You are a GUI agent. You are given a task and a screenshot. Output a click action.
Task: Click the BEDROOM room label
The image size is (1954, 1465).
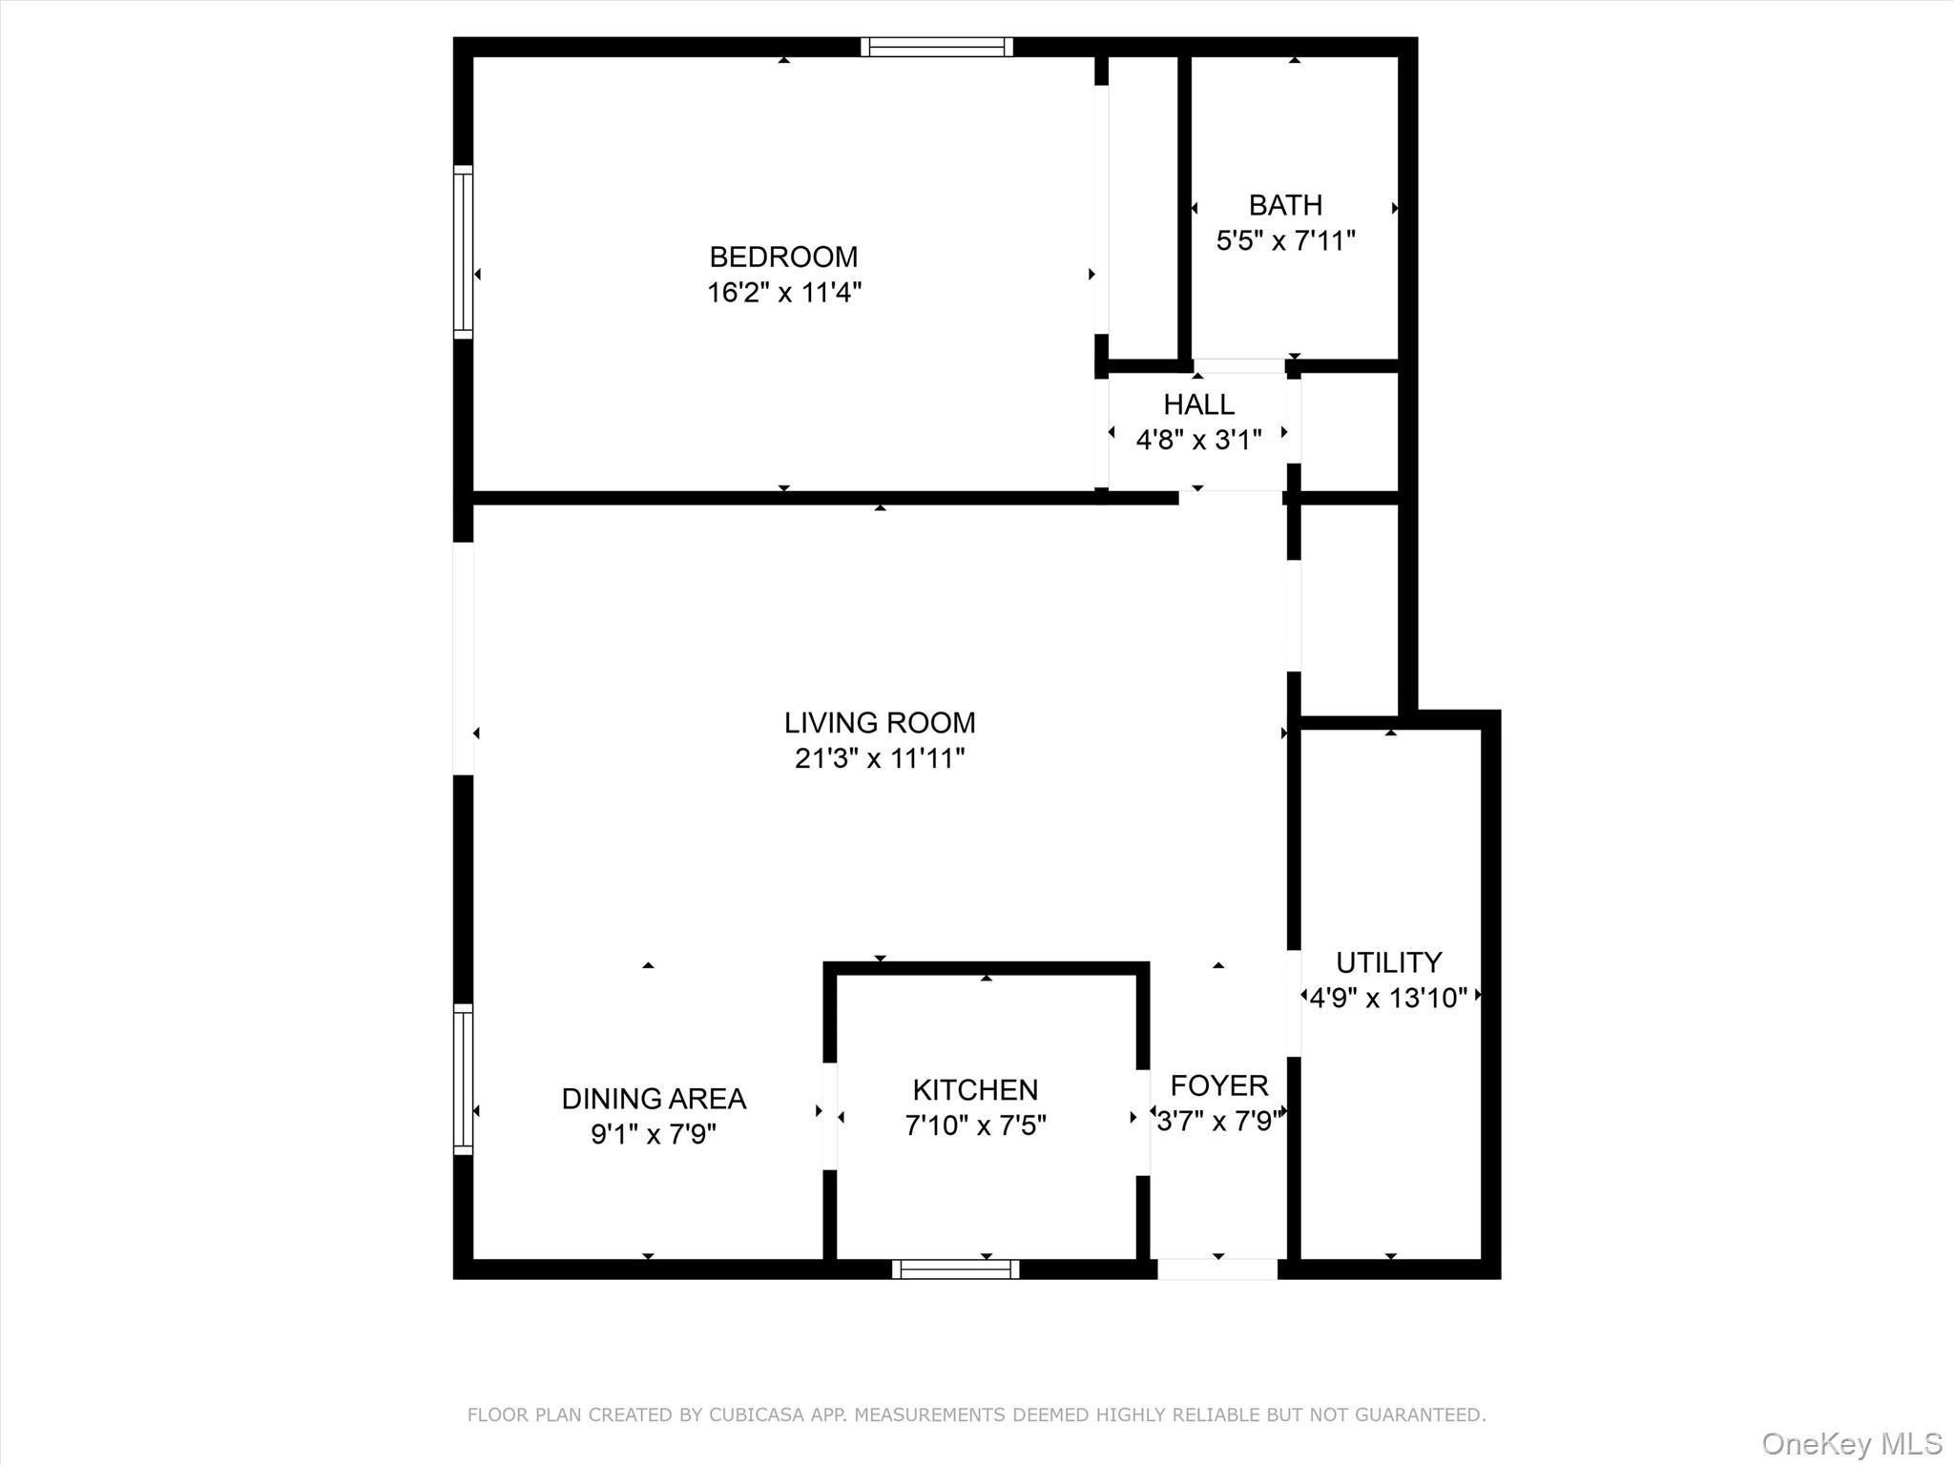click(783, 257)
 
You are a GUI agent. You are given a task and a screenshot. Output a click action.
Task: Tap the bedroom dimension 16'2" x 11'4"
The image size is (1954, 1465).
click(783, 292)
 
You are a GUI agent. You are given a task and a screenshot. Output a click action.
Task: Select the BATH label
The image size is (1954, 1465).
click(1285, 205)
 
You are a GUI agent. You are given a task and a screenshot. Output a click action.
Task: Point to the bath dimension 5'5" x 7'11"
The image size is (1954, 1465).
click(1285, 240)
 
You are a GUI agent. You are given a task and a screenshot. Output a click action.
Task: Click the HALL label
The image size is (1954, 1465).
click(1198, 404)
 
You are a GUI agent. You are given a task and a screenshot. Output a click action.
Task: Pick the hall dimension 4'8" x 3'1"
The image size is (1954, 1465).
click(1198, 440)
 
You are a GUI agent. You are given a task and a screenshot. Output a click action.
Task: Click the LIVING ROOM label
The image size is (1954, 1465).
click(880, 723)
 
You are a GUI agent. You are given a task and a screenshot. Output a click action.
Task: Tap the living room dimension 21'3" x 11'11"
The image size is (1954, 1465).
click(880, 758)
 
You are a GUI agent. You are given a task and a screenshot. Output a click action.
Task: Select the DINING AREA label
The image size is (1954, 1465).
click(654, 1099)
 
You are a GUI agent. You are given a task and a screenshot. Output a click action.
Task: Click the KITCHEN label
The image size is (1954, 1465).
click(975, 1089)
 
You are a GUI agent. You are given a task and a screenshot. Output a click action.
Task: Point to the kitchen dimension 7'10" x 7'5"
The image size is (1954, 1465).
click(975, 1125)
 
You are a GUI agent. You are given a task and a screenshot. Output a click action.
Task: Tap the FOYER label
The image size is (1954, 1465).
click(1218, 1085)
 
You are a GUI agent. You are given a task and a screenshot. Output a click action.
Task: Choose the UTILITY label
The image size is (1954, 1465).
click(1388, 961)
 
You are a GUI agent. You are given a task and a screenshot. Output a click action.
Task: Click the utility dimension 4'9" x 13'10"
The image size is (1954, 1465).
click(1388, 998)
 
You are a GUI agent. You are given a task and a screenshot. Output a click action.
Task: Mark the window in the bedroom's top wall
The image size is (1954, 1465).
click(936, 47)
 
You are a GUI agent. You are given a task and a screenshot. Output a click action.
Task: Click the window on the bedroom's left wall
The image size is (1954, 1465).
click(463, 252)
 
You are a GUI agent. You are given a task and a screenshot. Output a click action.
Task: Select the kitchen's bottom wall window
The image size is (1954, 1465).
click(955, 1269)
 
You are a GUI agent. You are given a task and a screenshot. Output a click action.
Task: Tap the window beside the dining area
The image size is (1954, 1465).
click(463, 1079)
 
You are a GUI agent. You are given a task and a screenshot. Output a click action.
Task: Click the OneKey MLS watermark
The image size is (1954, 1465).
click(1851, 1443)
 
